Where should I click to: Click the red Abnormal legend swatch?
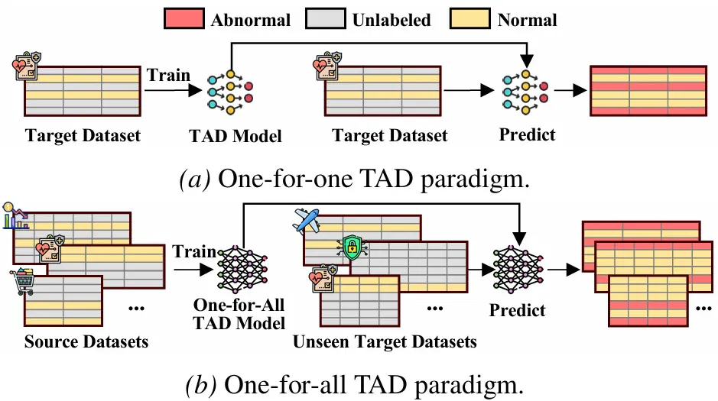(x=184, y=19)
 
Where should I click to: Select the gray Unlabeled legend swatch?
(x=326, y=19)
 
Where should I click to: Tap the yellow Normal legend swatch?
(x=470, y=19)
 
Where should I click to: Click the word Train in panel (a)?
(x=168, y=75)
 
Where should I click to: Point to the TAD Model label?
(x=236, y=136)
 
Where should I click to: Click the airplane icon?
(x=306, y=221)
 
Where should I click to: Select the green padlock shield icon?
(x=352, y=247)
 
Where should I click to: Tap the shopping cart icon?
(x=22, y=282)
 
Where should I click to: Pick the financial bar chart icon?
(x=15, y=215)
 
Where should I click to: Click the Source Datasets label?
(x=86, y=341)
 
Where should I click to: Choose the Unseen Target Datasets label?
(x=385, y=341)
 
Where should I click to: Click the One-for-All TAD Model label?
(x=239, y=314)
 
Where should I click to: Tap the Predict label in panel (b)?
(x=518, y=310)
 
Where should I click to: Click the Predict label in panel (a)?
(x=527, y=134)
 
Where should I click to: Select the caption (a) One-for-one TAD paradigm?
(x=355, y=179)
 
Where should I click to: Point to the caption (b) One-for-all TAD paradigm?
(x=355, y=385)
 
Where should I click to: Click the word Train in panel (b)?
(x=194, y=251)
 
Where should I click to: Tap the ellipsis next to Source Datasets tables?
(x=136, y=308)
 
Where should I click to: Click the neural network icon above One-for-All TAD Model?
(x=242, y=270)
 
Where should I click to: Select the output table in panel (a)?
(x=648, y=91)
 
